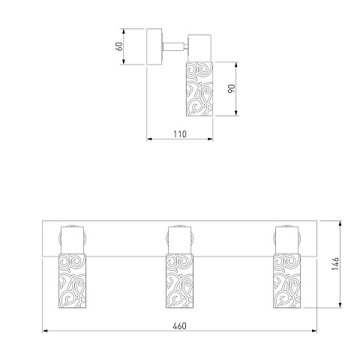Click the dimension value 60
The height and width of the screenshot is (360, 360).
120,46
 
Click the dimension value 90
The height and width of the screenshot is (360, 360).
232,88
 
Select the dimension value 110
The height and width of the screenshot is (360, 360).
180,134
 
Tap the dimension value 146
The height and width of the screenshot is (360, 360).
335,263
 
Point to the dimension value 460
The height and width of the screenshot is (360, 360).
179,326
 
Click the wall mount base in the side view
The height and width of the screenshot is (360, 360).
154,46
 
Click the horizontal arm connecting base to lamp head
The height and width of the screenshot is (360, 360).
175,46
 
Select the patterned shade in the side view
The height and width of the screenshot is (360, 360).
199,89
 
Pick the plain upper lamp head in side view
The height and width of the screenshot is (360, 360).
200,48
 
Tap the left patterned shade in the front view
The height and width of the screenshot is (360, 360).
72,280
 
